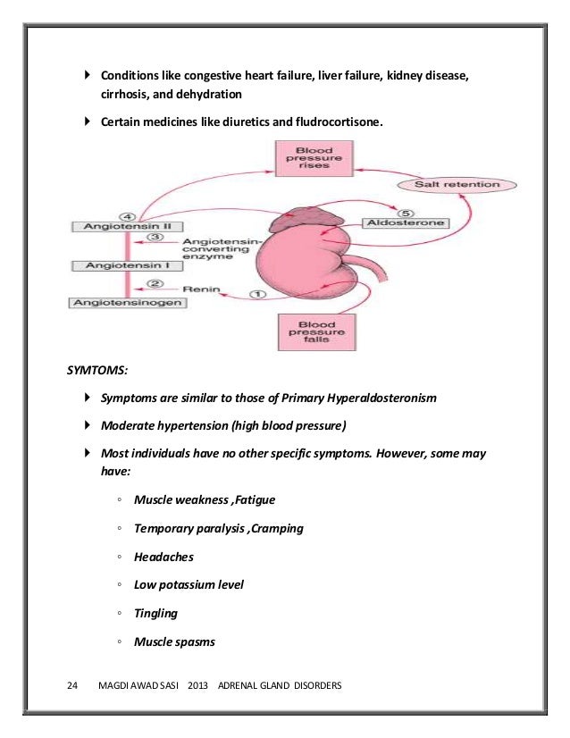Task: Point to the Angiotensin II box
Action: pos(113,226)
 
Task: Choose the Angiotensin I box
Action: pos(113,265)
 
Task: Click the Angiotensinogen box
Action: pos(116,303)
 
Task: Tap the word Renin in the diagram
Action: pos(200,289)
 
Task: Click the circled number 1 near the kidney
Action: pos(258,294)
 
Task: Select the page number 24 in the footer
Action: pos(74,686)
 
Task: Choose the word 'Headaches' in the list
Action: pos(163,557)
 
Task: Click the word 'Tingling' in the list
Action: pos(155,613)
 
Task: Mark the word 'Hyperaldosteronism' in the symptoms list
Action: pos(380,397)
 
